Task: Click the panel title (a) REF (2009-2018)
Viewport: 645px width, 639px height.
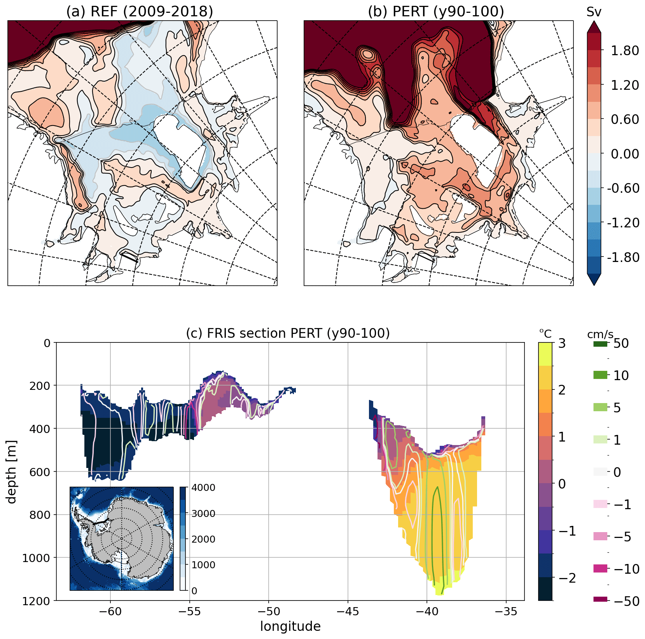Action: point(140,11)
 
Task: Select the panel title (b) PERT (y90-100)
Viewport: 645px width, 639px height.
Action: point(436,11)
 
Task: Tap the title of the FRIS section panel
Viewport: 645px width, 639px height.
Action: point(288,333)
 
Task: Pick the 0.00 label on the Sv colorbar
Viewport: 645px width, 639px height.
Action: point(625,154)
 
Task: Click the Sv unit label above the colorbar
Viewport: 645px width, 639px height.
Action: point(594,12)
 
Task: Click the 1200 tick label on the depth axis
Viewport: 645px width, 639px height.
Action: point(36,601)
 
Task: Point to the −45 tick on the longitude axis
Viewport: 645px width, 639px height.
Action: point(348,611)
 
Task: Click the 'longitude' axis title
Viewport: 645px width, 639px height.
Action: point(290,626)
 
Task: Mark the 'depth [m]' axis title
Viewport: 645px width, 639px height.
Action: point(12,471)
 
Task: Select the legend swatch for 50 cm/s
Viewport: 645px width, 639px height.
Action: point(600,344)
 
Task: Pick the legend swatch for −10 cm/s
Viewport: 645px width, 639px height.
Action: point(600,569)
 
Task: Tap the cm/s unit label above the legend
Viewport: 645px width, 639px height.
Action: point(600,334)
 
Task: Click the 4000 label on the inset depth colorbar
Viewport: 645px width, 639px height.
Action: point(203,488)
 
